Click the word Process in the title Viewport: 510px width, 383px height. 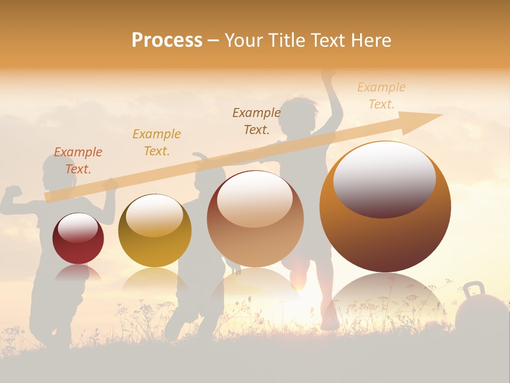pyautogui.click(x=167, y=40)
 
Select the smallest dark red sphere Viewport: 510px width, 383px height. pyautogui.click(x=78, y=239)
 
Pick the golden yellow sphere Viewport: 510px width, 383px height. pyautogui.click(x=155, y=231)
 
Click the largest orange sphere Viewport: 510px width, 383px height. pyautogui.click(x=385, y=207)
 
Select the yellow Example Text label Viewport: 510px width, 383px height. pyautogui.click(x=157, y=143)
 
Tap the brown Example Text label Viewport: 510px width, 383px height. pyautogui.click(x=257, y=121)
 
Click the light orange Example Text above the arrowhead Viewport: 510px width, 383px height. pyautogui.click(x=381, y=96)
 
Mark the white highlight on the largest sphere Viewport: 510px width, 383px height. pyautogui.click(x=385, y=178)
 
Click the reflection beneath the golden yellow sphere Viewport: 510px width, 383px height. pyautogui.click(x=154, y=279)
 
